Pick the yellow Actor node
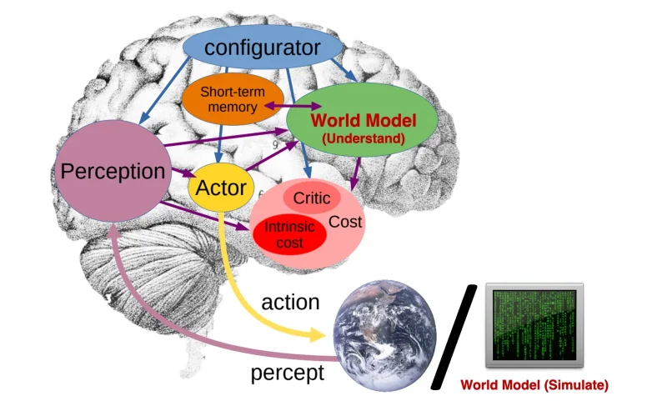(x=220, y=188)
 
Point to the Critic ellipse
(x=312, y=198)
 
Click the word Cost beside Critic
(x=344, y=222)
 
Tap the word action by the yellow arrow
(x=291, y=302)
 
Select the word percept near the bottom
(x=288, y=373)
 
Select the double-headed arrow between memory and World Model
(x=286, y=106)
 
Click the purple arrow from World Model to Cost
(x=357, y=173)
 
